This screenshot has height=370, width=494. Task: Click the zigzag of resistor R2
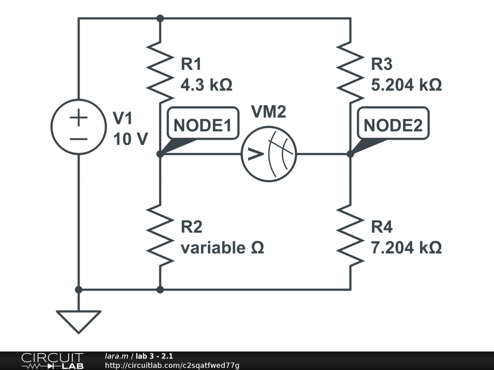coord(160,234)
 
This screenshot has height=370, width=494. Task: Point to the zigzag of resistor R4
coord(350,234)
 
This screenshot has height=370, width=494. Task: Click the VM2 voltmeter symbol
coord(269,154)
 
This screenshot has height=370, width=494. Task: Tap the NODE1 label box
coord(202,125)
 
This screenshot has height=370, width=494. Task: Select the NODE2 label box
coord(393,125)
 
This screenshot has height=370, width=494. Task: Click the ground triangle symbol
coord(79,320)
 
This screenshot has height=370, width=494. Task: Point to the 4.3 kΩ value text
coord(206,85)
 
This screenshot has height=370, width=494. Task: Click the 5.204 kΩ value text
coord(406,85)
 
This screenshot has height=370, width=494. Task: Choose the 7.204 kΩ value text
coord(406,248)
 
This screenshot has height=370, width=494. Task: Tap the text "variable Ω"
coord(222,248)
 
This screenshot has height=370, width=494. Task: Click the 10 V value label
coord(130,139)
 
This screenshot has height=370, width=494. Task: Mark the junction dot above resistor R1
coord(160,18)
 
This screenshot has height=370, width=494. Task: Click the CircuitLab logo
coord(52,361)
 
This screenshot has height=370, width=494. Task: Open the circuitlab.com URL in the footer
coord(172,366)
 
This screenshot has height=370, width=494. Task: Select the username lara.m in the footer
coord(117,357)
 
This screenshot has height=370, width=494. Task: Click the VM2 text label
coord(269,112)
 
